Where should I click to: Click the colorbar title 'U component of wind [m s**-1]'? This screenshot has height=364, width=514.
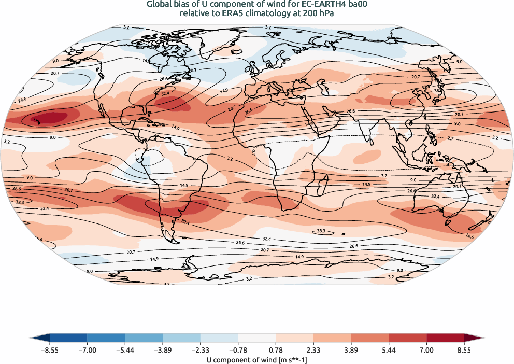[256, 359]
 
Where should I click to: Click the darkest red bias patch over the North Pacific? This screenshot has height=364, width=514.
[49, 118]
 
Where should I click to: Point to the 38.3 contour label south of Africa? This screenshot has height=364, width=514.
[321, 232]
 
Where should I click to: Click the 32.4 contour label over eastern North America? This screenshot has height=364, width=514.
[166, 94]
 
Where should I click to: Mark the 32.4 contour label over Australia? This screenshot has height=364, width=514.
[435, 197]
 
